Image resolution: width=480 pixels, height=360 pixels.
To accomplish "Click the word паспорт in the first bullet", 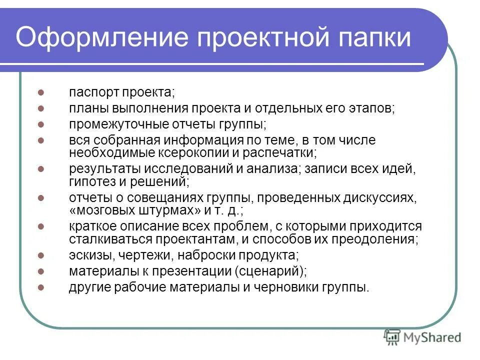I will click(x=91, y=93).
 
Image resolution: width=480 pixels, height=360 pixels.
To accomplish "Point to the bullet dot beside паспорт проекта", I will click(x=42, y=93).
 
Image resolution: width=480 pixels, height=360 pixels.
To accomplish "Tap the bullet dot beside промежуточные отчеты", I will click(x=42, y=124).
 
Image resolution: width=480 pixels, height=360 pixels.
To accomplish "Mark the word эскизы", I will click(x=86, y=255).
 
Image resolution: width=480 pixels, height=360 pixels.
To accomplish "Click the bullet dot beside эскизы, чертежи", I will click(x=42, y=255).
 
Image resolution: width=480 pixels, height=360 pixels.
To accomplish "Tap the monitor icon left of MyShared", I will click(x=392, y=338).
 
